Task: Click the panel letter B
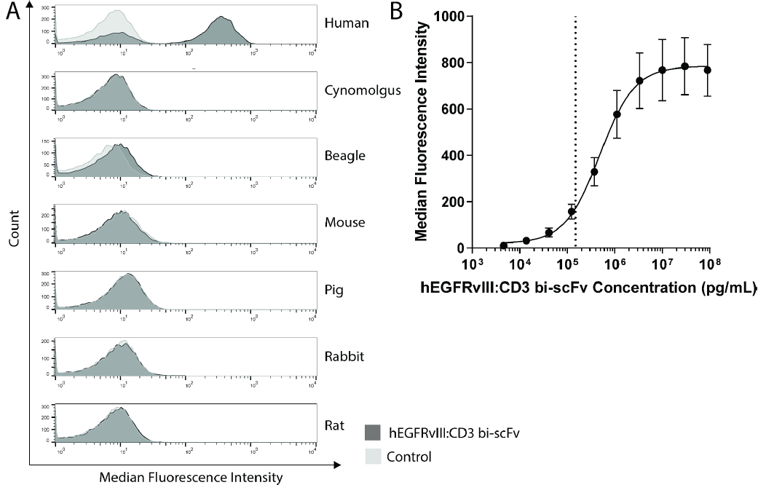397,12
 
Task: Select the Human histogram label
347,23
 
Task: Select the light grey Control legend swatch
373,457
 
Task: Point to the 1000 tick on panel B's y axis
447,16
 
